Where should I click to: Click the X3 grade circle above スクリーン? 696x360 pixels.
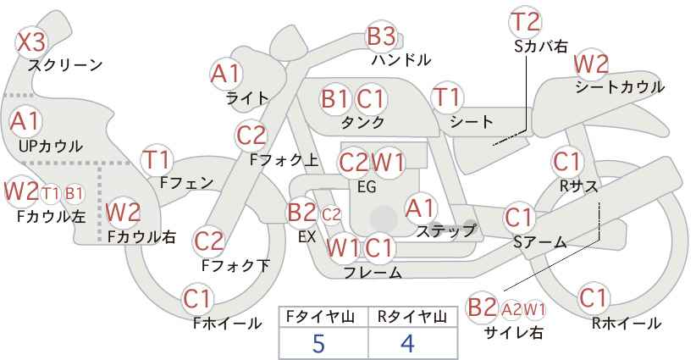click(x=32, y=41)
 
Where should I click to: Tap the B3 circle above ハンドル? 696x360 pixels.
click(x=381, y=36)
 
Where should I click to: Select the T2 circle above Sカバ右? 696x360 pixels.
click(x=526, y=22)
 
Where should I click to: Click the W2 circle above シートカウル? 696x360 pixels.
click(x=591, y=64)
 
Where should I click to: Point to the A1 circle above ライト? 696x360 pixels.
click(x=225, y=74)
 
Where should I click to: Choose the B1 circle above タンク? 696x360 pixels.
click(x=335, y=98)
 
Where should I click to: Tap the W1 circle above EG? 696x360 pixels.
click(x=389, y=161)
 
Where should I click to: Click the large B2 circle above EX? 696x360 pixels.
click(x=301, y=212)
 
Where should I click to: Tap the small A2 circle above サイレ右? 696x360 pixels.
click(x=512, y=308)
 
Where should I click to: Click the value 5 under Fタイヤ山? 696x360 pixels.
click(x=318, y=343)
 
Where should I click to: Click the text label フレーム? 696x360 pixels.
click(x=373, y=272)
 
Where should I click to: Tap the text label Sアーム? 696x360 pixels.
click(x=539, y=242)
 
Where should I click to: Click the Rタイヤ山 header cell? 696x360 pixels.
click(x=412, y=316)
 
